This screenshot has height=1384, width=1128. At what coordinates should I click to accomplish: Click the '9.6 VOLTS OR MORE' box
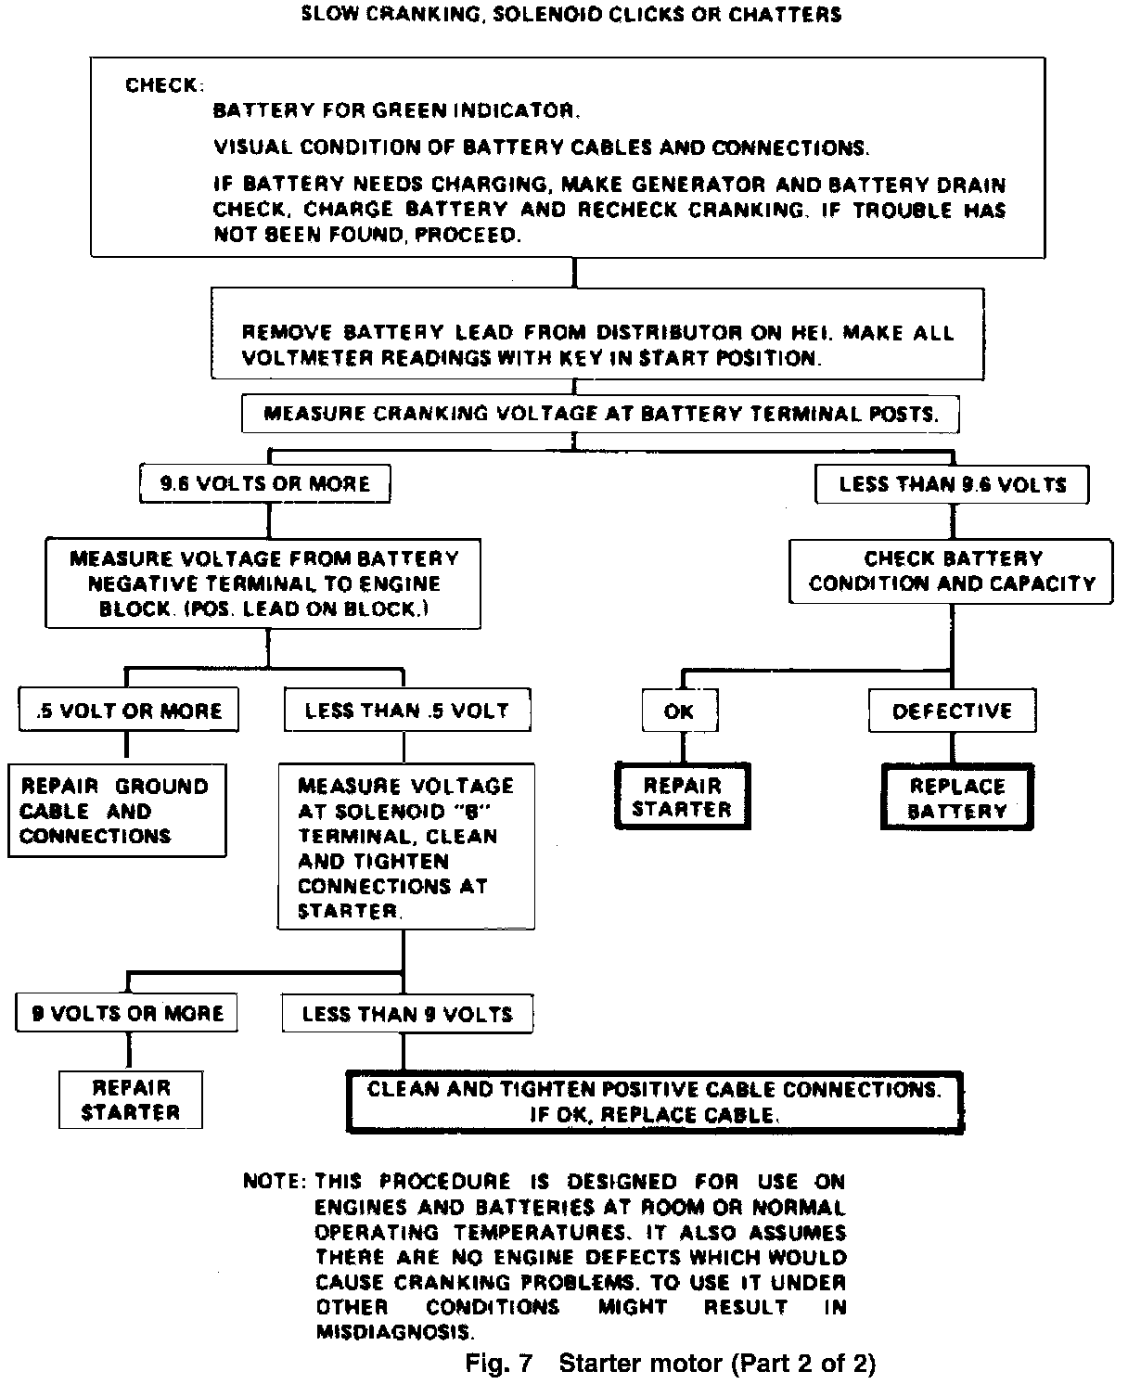pos(264,483)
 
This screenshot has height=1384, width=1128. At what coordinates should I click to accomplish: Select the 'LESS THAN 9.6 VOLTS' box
pos(952,484)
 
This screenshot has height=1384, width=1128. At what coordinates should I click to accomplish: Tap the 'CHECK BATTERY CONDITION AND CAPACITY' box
pos(952,571)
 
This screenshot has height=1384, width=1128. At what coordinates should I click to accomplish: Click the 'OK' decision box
pos(680,711)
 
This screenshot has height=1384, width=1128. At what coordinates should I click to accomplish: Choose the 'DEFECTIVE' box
pos(952,711)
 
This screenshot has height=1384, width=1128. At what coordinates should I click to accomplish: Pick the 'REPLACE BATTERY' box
pos(957,798)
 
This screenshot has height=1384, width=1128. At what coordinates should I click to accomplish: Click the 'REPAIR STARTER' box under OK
pos(682,797)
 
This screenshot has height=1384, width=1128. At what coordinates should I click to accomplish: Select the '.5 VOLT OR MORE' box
pos(128,711)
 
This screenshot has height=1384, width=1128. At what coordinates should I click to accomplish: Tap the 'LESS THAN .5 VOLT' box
pos(406,711)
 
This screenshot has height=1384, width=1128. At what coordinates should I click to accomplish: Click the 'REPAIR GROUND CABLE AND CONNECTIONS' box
pos(116,811)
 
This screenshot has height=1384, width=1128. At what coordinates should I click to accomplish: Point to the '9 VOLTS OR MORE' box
pos(127,1013)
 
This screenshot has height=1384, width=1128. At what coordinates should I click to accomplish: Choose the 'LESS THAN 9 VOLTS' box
pos(407,1014)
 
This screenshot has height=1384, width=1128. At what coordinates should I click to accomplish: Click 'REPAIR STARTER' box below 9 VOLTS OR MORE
pos(131,1100)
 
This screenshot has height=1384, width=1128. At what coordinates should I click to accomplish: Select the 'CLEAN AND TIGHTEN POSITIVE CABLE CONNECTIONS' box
pos(654,1101)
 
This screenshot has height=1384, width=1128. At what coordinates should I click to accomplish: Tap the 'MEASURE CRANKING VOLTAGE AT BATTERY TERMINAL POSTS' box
pos(600,414)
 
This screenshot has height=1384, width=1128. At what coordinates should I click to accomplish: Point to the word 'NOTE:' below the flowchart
pos(274,1182)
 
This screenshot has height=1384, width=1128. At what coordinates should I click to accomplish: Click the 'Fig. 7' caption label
pos(500,1363)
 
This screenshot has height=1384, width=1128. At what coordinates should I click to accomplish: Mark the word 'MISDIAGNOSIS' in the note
pos(394,1332)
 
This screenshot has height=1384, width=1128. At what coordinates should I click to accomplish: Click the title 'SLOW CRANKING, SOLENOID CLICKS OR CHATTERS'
pos(571,15)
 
